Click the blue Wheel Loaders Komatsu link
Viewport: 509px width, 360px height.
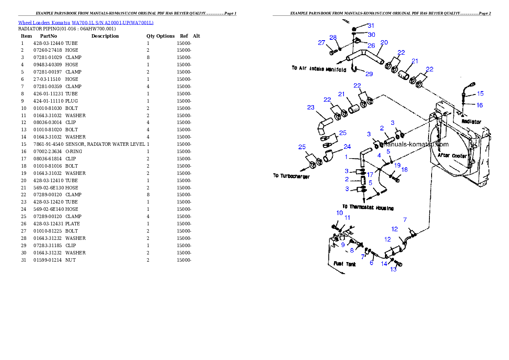pyautogui.click(x=86, y=23)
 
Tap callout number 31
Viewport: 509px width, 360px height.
pyautogui.click(x=370, y=26)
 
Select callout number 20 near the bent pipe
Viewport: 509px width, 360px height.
pyautogui.click(x=384, y=42)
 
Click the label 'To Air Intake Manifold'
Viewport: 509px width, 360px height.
pyautogui.click(x=319, y=68)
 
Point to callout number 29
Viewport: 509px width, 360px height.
pyautogui.click(x=369, y=74)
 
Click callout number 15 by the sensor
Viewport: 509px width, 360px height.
pyautogui.click(x=480, y=93)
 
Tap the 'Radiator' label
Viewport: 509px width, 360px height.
pyautogui.click(x=471, y=122)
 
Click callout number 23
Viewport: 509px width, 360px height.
pyautogui.click(x=311, y=107)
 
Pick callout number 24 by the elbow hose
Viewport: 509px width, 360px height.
pyautogui.click(x=347, y=147)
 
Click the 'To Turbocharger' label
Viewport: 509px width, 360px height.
pyautogui.click(x=291, y=176)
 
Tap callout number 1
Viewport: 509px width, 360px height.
pyautogui.click(x=346, y=157)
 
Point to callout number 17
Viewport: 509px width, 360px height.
pyautogui.click(x=370, y=174)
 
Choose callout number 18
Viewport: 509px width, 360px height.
pyautogui.click(x=404, y=170)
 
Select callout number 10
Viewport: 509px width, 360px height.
pyautogui.click(x=339, y=212)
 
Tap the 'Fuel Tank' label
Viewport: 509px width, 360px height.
pyautogui.click(x=344, y=264)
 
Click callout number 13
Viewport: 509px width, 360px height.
pyautogui.click(x=394, y=270)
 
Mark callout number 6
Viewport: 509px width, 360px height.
pyautogui.click(x=371, y=263)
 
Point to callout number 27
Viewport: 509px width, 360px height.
pyautogui.click(x=321, y=42)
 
